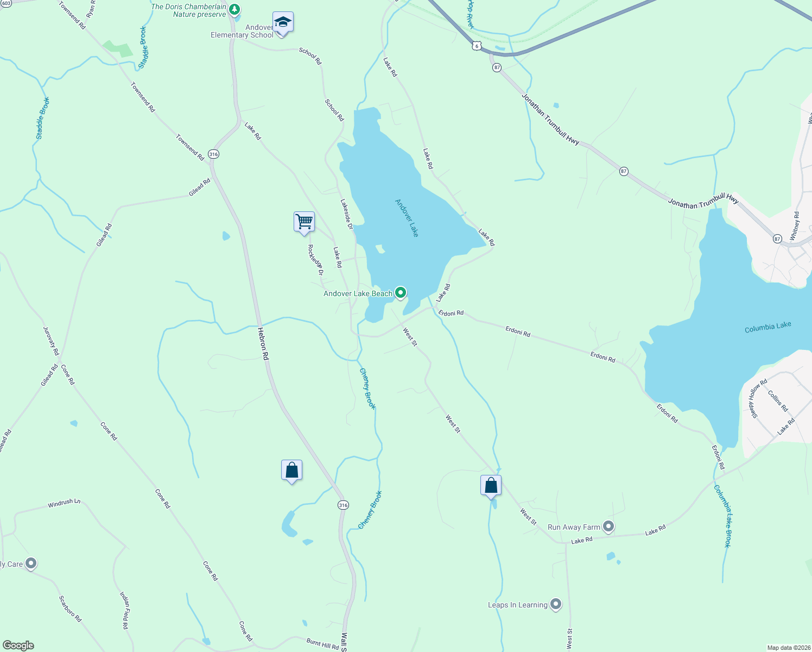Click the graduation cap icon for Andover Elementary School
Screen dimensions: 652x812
point(283,23)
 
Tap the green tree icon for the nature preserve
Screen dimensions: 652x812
point(234,9)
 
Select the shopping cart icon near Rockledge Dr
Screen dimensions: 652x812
point(304,222)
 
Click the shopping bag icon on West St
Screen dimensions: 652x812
point(491,485)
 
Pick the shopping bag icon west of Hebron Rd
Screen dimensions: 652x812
point(291,470)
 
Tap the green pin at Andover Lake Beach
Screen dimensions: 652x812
point(401,293)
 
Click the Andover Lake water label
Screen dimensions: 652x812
point(407,217)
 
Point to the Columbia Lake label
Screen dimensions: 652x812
point(767,327)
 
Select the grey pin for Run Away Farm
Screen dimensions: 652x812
point(608,526)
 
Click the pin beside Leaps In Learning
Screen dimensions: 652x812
point(555,604)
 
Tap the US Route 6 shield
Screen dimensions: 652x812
point(476,46)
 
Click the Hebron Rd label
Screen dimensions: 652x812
point(263,344)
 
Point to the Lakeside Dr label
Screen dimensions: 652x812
point(347,214)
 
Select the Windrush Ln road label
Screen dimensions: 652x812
point(64,503)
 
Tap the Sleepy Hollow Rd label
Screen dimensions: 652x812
point(758,398)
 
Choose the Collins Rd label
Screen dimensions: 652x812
point(778,401)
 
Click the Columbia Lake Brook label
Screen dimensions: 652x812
point(722,516)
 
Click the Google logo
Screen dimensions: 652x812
point(18,645)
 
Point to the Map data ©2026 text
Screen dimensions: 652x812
point(788,648)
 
